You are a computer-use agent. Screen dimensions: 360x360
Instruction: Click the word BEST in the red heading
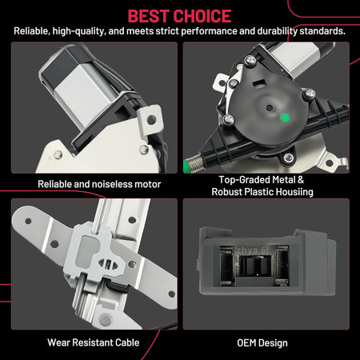pos(150,16)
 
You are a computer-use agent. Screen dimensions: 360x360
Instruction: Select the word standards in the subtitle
pos(322,31)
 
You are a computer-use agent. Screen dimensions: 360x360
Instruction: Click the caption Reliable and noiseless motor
pos(99,184)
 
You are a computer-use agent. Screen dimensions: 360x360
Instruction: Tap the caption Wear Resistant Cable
pos(94,342)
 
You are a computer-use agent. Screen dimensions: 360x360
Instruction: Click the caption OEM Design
pos(262,343)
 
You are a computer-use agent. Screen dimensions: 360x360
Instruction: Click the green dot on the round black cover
pos(285,118)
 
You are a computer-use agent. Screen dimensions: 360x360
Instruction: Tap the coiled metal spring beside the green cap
pos(195,162)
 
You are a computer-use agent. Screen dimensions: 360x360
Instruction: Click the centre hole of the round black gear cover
pos(270,108)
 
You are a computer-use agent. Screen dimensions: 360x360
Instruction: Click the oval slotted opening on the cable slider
pos(108,264)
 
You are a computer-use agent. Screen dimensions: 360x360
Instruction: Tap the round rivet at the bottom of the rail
pos(106,319)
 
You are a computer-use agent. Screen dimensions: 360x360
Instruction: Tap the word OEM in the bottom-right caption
pos(246,343)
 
